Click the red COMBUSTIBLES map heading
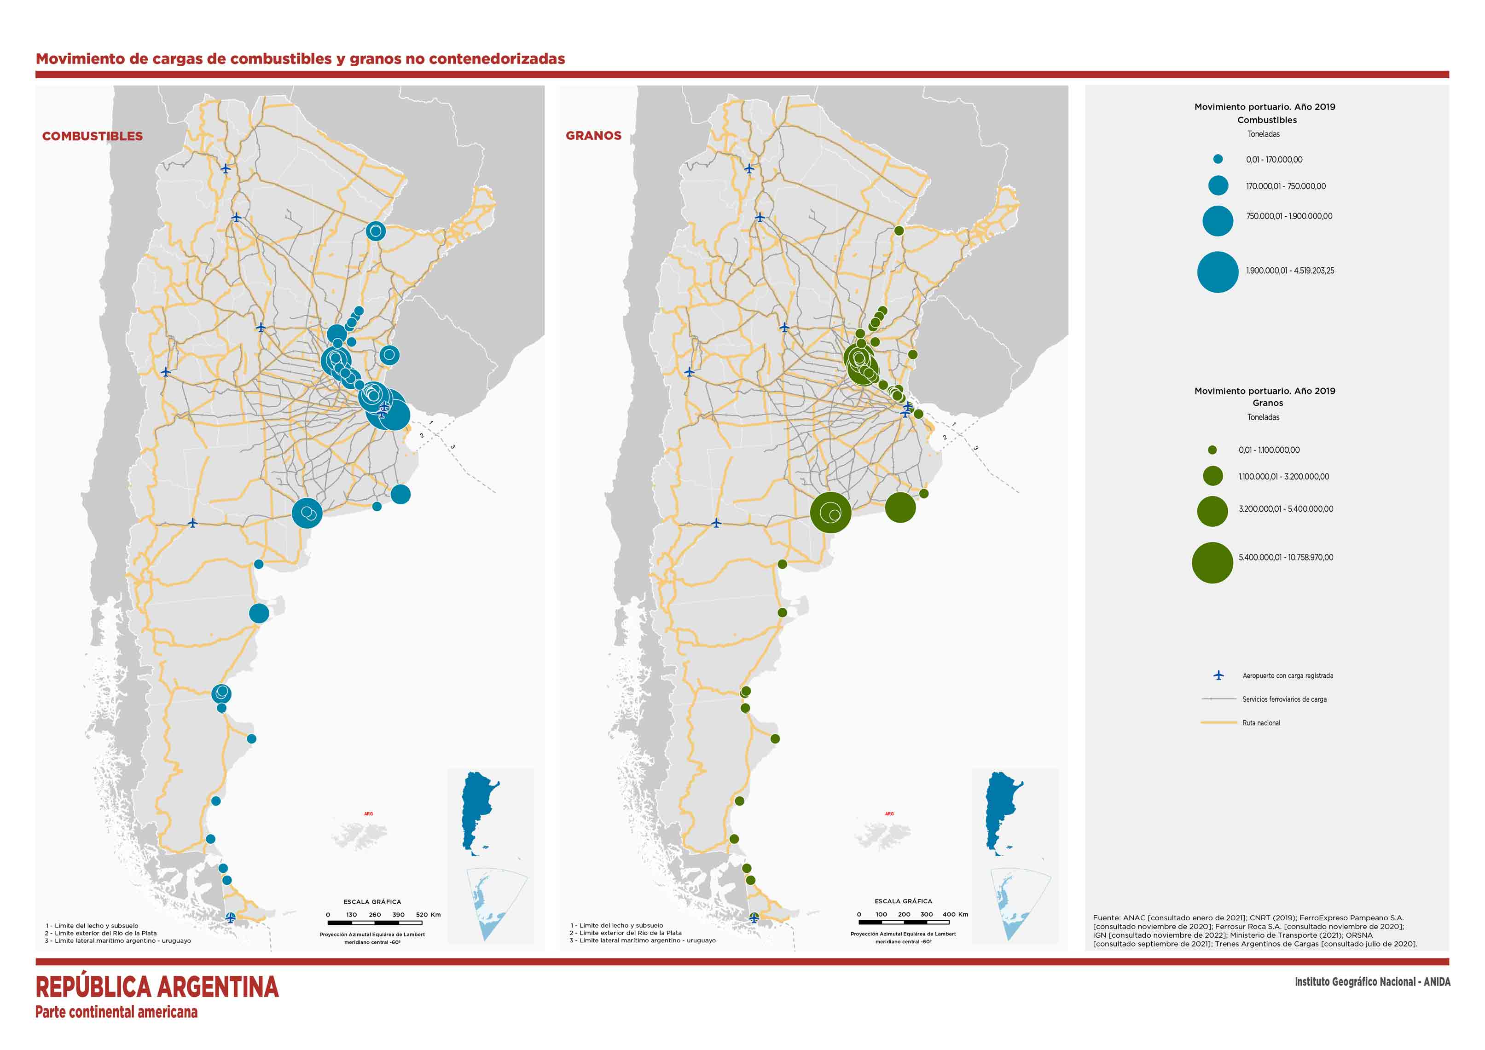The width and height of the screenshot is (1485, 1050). (93, 136)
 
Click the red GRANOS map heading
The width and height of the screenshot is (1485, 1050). (593, 135)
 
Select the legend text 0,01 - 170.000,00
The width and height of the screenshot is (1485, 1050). (1274, 160)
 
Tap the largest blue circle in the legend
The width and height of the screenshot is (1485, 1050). (1217, 272)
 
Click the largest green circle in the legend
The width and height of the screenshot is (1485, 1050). (1212, 562)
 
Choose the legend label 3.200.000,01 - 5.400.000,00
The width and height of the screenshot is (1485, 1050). (1285, 509)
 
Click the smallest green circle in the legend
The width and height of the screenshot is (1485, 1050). (1212, 450)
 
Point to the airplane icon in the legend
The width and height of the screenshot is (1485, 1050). (1218, 675)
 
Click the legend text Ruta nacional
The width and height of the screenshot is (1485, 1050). (1260, 723)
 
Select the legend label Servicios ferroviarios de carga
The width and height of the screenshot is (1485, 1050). (1284, 699)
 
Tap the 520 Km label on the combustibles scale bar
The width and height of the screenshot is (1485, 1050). (428, 914)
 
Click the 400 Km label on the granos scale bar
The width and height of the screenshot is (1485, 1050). (955, 914)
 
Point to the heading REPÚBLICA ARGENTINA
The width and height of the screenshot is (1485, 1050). (157, 987)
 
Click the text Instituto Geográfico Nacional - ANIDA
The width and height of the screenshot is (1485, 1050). (1372, 981)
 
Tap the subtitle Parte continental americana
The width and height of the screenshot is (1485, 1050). (116, 1012)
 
